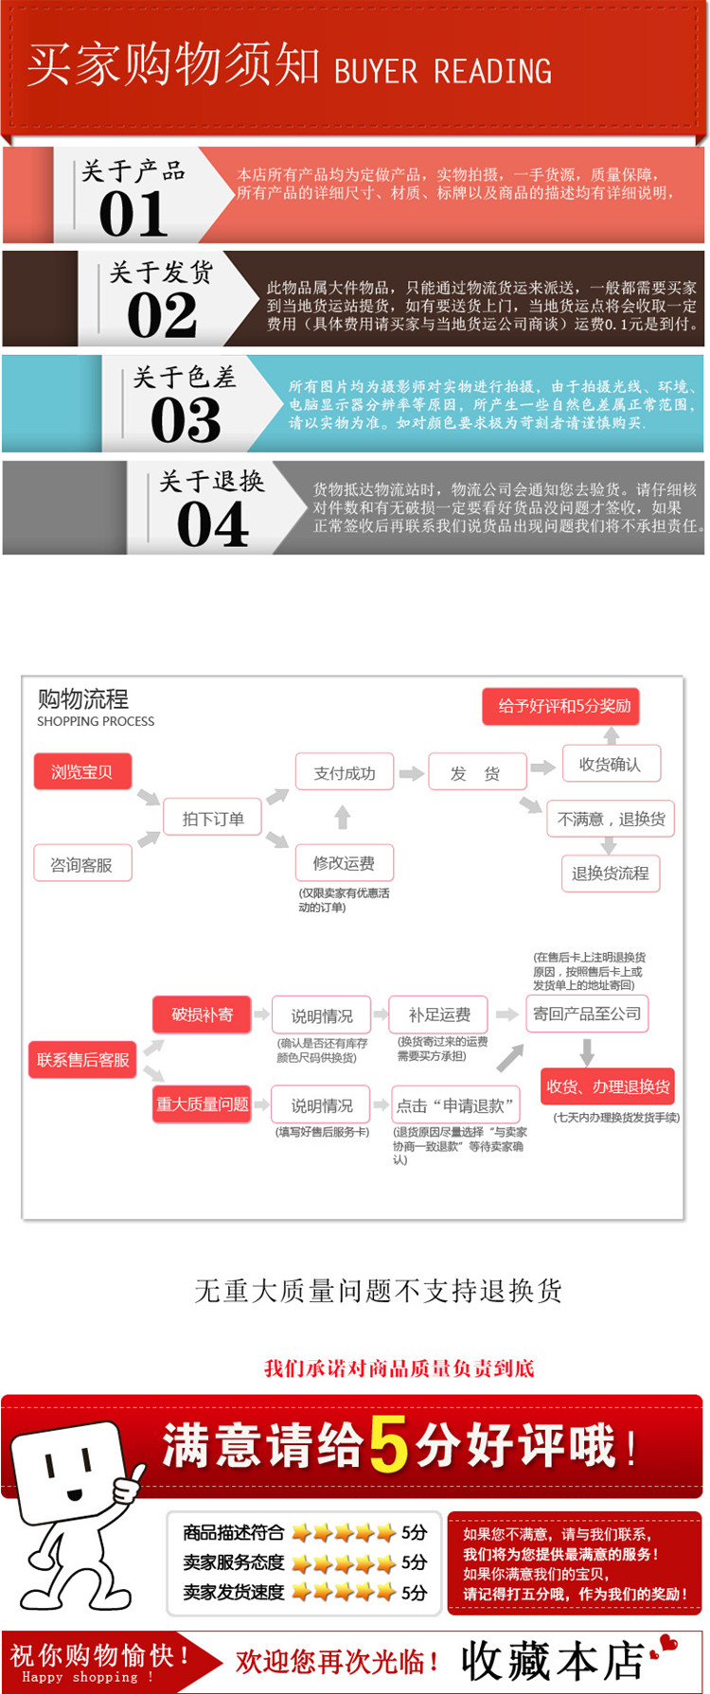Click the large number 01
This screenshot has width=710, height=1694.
click(133, 214)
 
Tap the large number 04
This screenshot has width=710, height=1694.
click(213, 524)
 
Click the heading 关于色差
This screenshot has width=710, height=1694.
click(185, 378)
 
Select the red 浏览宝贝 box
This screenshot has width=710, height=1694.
click(82, 771)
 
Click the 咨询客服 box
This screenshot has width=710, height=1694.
click(82, 864)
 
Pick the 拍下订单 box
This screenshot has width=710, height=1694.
click(213, 819)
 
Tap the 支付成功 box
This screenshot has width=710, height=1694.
click(345, 773)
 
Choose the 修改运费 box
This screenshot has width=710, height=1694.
click(344, 863)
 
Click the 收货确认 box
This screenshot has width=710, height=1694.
click(611, 765)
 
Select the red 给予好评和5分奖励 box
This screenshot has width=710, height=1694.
click(564, 706)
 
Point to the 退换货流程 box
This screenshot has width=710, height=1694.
click(611, 873)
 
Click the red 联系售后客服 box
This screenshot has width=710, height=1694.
click(83, 1060)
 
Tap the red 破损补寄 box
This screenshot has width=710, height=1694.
click(202, 1015)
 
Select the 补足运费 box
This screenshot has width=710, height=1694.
click(439, 1015)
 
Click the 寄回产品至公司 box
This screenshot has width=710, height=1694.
click(587, 1014)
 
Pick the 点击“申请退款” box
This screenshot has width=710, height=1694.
click(455, 1104)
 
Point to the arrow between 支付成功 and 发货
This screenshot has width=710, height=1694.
click(411, 773)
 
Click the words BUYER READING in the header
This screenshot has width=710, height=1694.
click(443, 71)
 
